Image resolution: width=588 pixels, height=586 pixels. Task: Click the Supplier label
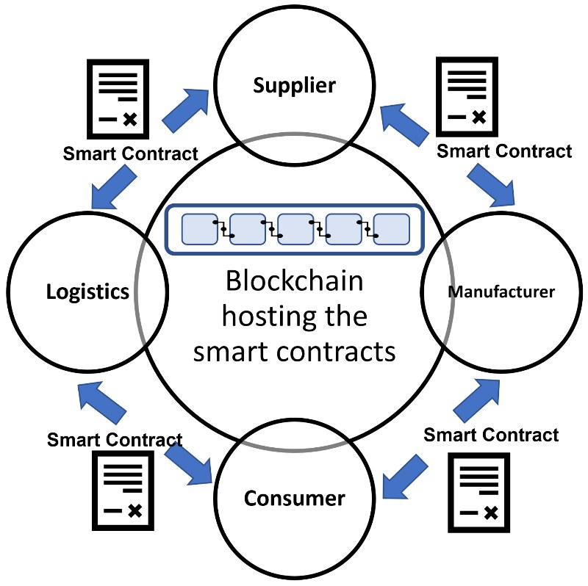coord(294,86)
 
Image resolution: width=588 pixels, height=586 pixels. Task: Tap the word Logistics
coord(88,292)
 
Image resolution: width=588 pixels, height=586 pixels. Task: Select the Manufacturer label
coord(501,292)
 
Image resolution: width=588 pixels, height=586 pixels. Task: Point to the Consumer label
coord(294,499)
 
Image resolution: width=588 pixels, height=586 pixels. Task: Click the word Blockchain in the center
coord(294,283)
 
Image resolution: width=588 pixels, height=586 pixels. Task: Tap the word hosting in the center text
coord(294,317)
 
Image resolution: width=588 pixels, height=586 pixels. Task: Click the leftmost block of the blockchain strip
coord(198,230)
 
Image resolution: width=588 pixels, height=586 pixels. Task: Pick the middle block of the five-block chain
coord(295,230)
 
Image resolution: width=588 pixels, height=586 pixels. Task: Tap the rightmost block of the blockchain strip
coord(391,230)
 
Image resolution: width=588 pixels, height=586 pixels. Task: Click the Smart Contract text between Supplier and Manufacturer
coord(504,151)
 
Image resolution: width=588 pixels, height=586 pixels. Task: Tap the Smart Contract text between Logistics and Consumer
coord(115,440)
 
